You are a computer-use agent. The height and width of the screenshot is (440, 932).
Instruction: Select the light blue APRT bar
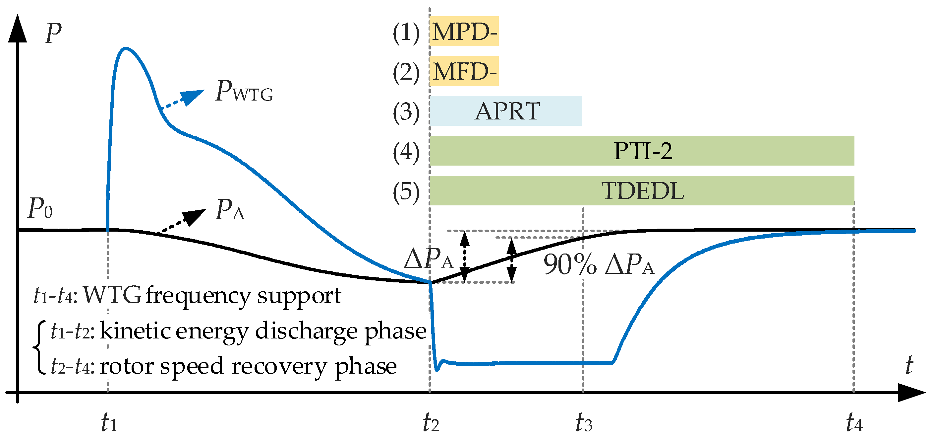pyautogui.click(x=506, y=111)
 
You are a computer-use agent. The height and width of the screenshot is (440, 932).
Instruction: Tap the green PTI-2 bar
pyautogui.click(x=642, y=151)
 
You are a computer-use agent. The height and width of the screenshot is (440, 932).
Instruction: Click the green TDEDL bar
pyautogui.click(x=642, y=191)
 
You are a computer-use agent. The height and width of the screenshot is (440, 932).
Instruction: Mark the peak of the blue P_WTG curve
pyautogui.click(x=125, y=48)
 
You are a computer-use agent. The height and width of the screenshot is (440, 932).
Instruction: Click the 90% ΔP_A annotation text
pyautogui.click(x=599, y=264)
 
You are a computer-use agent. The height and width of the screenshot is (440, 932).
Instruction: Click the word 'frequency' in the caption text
pyautogui.click(x=198, y=296)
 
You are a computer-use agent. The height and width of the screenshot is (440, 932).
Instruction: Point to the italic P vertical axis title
pyautogui.click(x=53, y=33)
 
